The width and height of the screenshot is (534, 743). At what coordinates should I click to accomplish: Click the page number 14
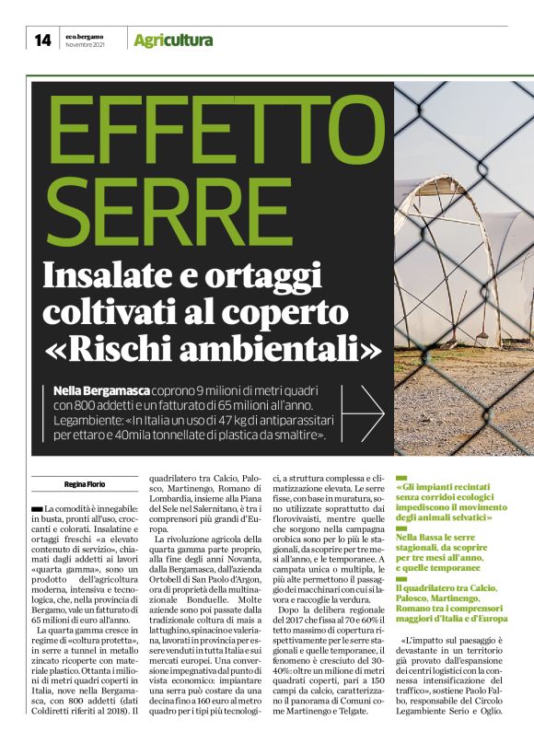coord(42,40)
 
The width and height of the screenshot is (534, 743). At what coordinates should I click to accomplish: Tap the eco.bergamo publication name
coord(83,36)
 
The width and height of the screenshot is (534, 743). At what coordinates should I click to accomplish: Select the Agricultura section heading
coord(173,41)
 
